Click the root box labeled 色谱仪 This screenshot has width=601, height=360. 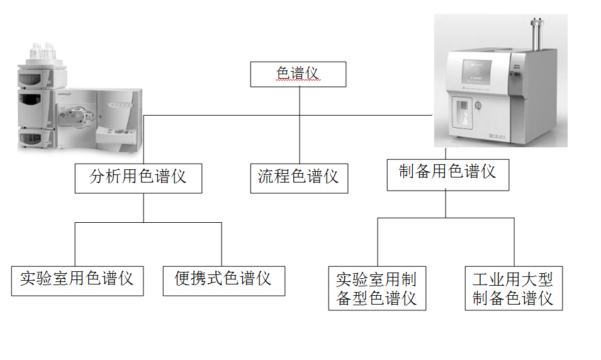298,74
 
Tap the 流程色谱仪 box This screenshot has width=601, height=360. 298,176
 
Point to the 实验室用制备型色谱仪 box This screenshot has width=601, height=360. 376,288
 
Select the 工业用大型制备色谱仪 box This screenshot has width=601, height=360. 513,288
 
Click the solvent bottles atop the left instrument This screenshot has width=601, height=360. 43,52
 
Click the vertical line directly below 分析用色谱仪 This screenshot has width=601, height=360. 143,208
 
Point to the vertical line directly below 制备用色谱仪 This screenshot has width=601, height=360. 446,204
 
